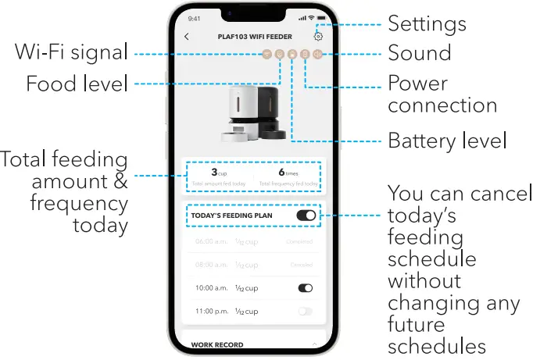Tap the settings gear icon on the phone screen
pyautogui.click(x=317, y=36)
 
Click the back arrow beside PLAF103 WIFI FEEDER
pyautogui.click(x=186, y=37)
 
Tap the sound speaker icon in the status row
pyautogui.click(x=317, y=54)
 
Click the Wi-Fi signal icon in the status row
pyautogui.click(x=266, y=54)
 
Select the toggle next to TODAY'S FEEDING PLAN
pyautogui.click(x=306, y=215)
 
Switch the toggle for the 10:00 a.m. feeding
pyautogui.click(x=306, y=288)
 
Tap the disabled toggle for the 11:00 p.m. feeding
pyautogui.click(x=306, y=312)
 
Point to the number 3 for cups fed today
pyautogui.click(x=214, y=173)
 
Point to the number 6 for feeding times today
pyautogui.click(x=281, y=173)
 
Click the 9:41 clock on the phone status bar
pyautogui.click(x=195, y=18)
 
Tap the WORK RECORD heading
pyautogui.click(x=217, y=344)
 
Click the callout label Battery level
pyautogui.click(x=447, y=141)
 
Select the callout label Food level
pyautogui.click(x=77, y=84)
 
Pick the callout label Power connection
pyautogui.click(x=442, y=94)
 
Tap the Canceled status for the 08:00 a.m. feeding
pyautogui.click(x=302, y=265)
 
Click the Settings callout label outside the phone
pyautogui.click(x=427, y=23)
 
